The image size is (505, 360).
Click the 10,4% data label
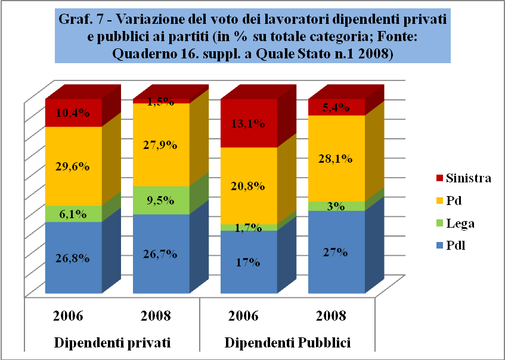coord(73,113)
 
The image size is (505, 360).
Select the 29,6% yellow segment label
coord(73,167)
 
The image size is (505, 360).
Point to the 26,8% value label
coord(73,258)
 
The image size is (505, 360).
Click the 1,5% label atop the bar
coord(161,101)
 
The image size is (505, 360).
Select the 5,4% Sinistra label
coord(336,107)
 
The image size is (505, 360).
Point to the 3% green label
coord(336,206)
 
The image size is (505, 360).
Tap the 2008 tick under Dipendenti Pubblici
coord(331,315)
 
